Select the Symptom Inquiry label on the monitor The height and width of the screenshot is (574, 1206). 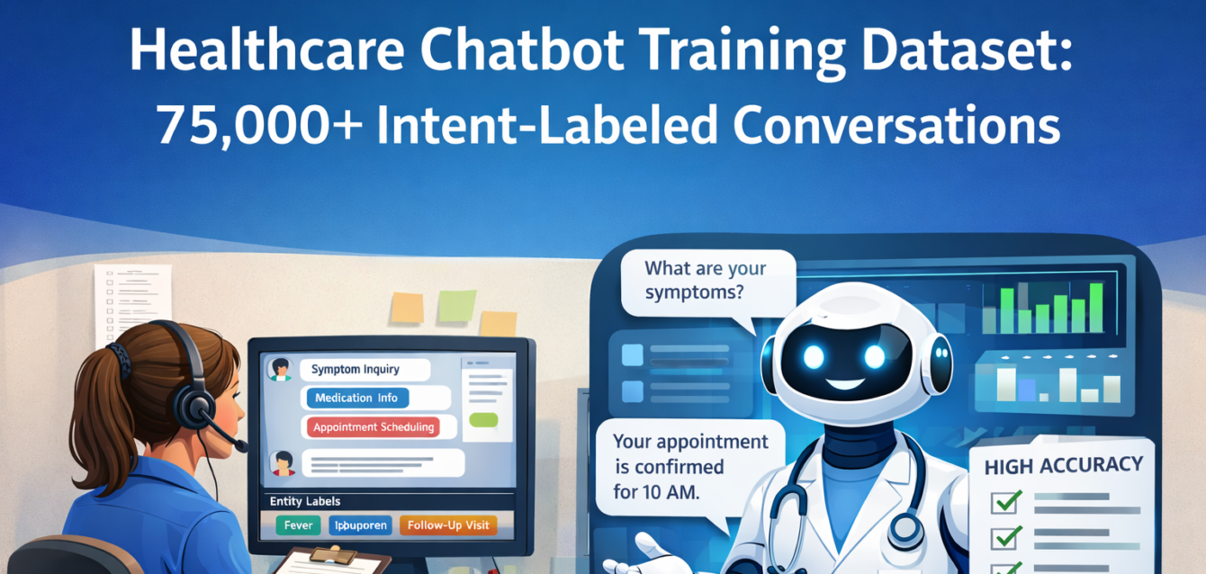[355, 369]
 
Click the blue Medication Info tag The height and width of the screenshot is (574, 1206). [356, 398]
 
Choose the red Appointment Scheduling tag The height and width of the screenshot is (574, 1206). [373, 427]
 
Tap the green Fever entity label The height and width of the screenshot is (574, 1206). [297, 525]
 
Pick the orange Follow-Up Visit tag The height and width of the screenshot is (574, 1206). [447, 525]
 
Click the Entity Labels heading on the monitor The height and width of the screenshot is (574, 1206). [305, 501]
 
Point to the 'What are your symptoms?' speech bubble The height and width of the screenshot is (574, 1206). [706, 281]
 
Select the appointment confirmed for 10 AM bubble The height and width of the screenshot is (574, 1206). [691, 466]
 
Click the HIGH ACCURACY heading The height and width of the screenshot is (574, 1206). [1063, 466]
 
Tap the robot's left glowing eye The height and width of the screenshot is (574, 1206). [814, 357]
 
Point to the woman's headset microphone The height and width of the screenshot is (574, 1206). [240, 446]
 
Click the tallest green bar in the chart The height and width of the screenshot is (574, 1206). [1095, 308]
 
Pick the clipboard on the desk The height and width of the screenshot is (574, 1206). [332, 561]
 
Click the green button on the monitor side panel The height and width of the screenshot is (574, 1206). [482, 420]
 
